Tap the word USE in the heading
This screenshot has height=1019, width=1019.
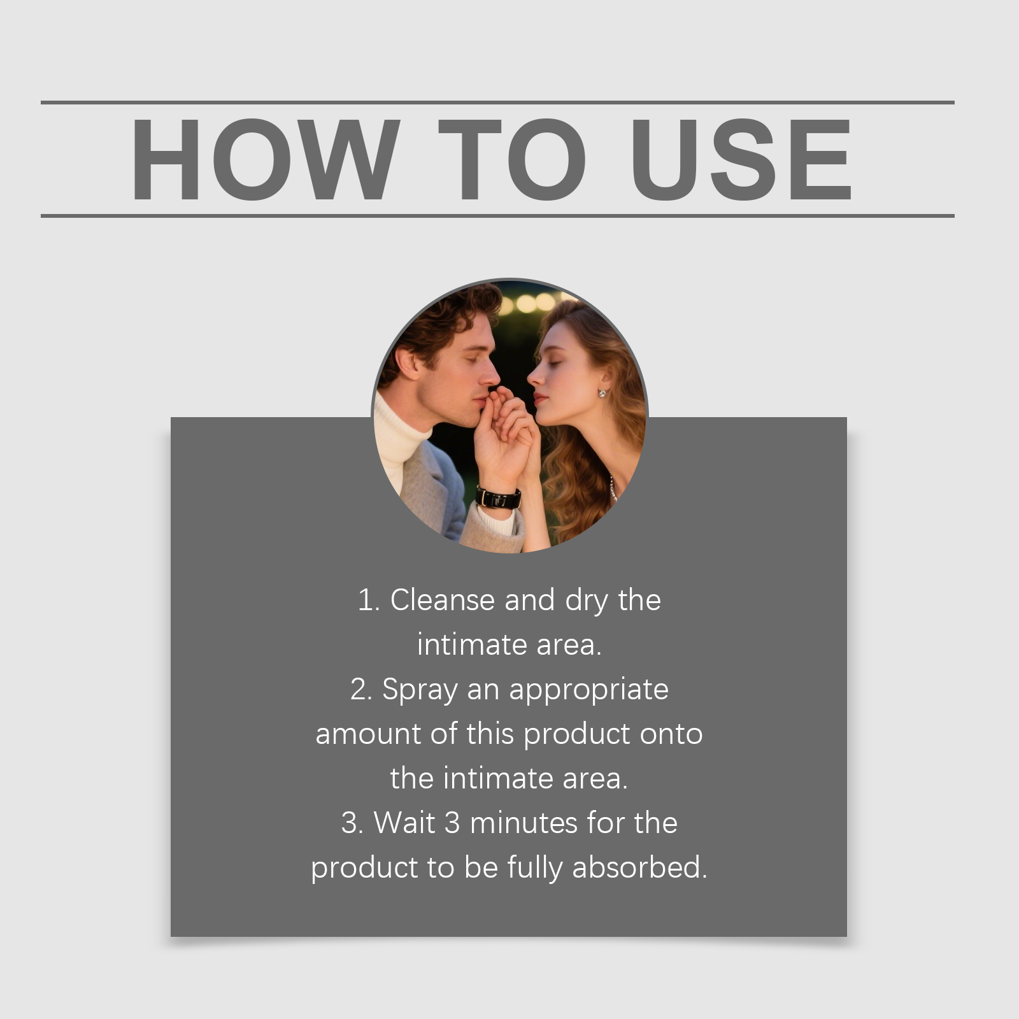[x=741, y=159]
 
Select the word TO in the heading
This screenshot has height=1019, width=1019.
[x=512, y=159]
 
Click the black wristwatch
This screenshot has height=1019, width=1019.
[x=498, y=497]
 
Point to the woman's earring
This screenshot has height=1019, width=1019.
[x=602, y=393]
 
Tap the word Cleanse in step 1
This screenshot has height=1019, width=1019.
[x=442, y=600]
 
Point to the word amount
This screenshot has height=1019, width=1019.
[x=368, y=734]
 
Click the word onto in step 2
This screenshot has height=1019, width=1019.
[x=671, y=734]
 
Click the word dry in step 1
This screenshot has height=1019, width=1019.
[x=587, y=601]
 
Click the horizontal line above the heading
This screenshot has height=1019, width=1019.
[x=497, y=102]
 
